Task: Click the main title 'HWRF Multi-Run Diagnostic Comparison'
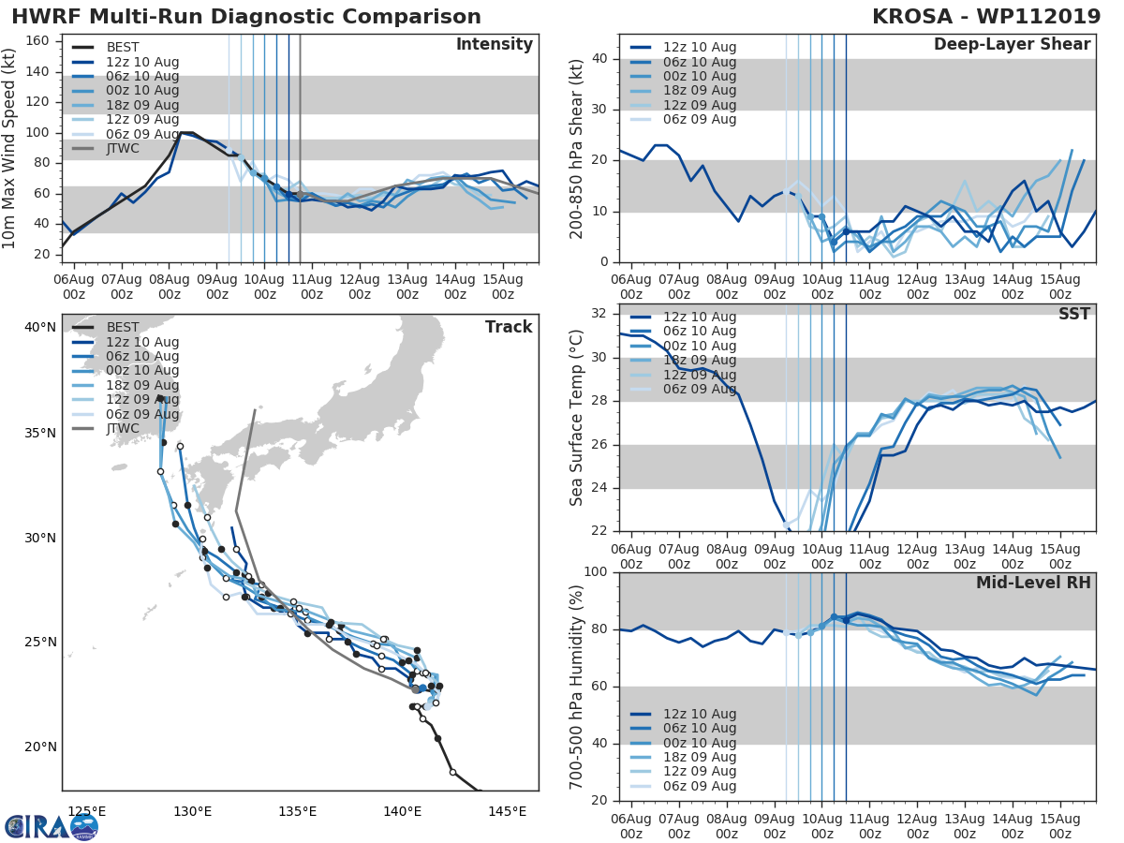click(246, 17)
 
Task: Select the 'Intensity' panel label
click(494, 45)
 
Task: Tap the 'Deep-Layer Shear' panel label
click(1012, 45)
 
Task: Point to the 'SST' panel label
click(1073, 314)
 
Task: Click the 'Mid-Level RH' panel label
click(1033, 583)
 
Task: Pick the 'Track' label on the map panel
click(509, 327)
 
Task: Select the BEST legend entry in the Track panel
click(123, 328)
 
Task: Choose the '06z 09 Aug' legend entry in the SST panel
click(699, 389)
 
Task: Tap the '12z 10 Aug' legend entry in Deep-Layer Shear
click(699, 48)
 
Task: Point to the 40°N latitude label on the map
click(40, 328)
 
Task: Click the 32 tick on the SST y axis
click(599, 314)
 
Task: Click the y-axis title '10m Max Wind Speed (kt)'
click(10, 149)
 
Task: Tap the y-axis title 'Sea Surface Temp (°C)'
click(577, 418)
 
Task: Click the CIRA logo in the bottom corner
click(52, 826)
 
